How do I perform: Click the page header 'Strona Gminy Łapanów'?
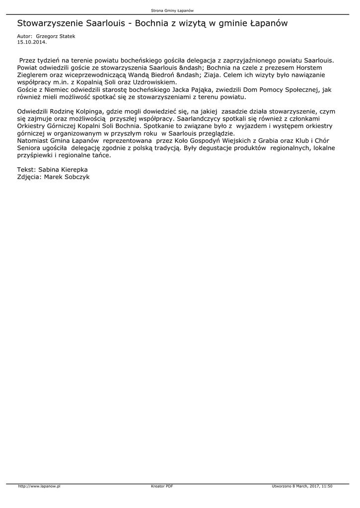172,10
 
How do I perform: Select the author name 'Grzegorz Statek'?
56,37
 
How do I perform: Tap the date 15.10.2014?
32,42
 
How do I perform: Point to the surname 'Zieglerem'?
33,75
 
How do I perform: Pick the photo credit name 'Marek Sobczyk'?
67,177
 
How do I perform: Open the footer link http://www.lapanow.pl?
39,486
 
